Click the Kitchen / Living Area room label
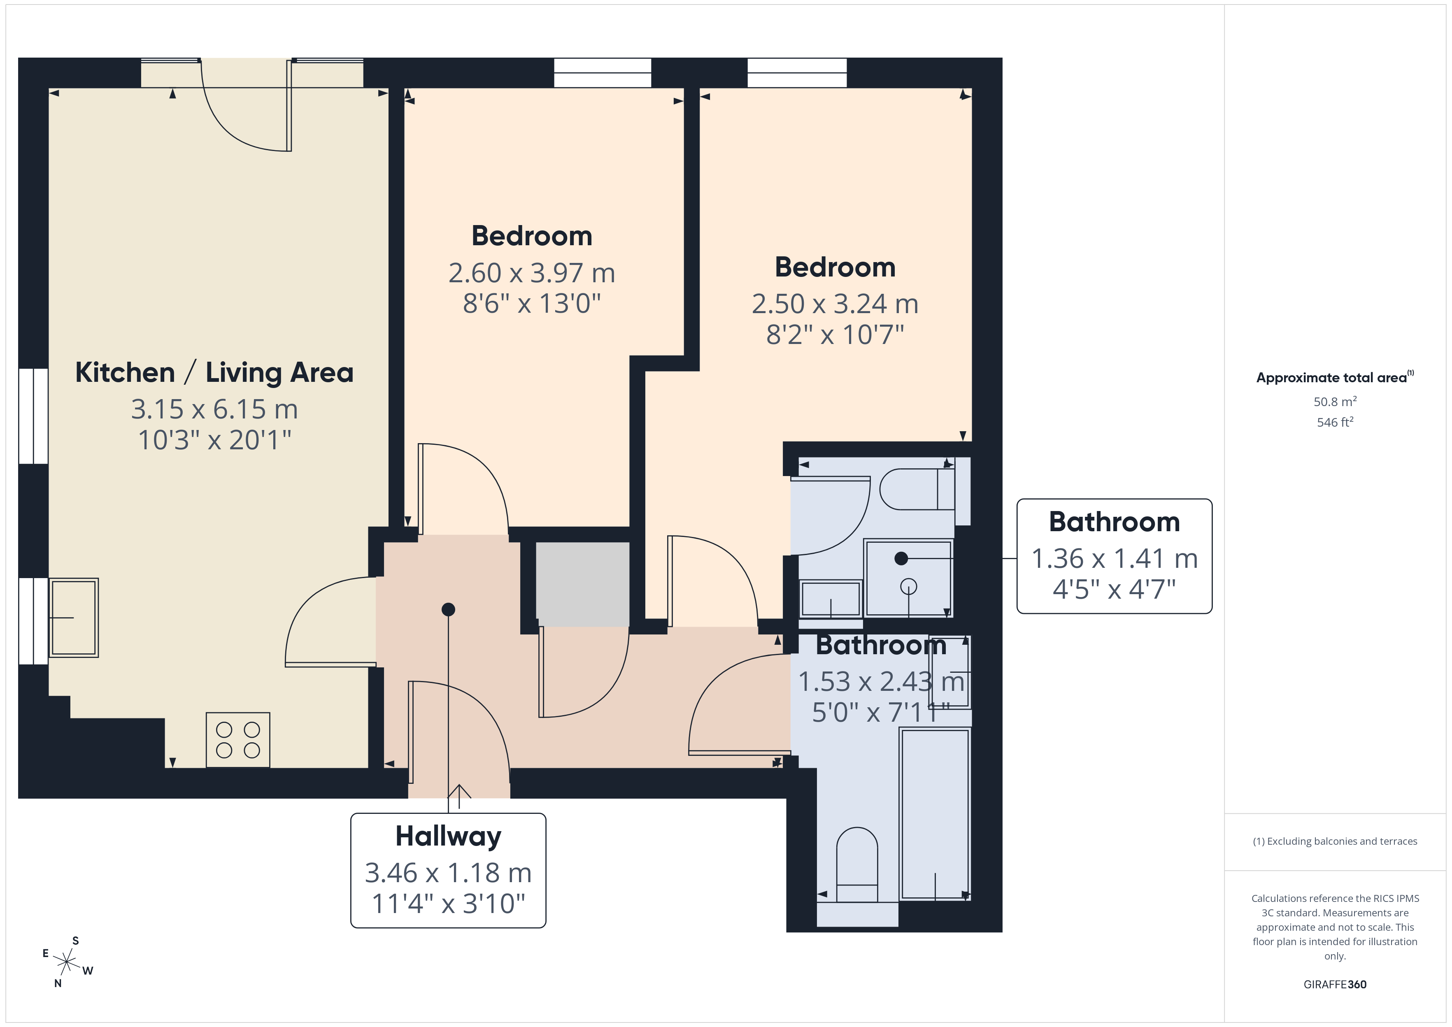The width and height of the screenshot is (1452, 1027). pos(214,372)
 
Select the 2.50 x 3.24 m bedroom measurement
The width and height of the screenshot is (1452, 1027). pos(835,304)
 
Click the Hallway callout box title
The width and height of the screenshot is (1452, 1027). pos(448,836)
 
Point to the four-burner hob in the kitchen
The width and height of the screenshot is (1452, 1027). pos(238,740)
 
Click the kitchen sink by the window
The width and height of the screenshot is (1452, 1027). pos(73,617)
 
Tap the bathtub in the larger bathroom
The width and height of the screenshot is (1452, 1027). pos(935,813)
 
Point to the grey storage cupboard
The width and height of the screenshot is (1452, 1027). pos(582,584)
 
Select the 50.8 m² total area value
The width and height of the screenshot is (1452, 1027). pos(1335,402)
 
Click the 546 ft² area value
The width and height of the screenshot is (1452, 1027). pos(1335,422)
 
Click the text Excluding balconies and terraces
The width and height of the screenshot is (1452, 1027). pos(1342,841)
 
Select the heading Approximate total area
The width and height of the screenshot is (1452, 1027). pos(1331,378)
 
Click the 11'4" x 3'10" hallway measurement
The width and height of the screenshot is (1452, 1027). pos(448,904)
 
